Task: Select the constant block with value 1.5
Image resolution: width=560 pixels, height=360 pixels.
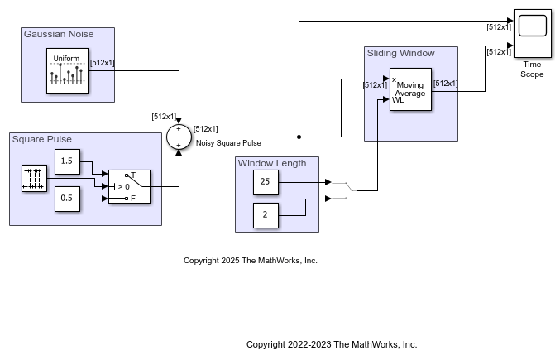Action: pos(67,161)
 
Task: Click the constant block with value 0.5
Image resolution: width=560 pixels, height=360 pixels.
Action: pos(67,199)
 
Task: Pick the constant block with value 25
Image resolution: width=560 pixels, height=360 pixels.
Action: pos(266,182)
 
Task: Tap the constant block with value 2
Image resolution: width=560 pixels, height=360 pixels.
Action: pos(266,215)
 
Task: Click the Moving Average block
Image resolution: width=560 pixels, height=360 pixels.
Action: pos(410,89)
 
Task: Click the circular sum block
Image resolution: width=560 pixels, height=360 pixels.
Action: pos(178,137)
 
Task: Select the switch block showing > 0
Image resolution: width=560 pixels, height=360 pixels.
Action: pos(129,186)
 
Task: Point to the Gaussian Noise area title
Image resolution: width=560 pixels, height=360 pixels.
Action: pos(59,34)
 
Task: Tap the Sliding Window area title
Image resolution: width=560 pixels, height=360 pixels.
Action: pos(400,53)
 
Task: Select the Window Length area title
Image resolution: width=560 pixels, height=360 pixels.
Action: pos(272,163)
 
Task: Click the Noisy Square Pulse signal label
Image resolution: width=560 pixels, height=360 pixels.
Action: pos(228,143)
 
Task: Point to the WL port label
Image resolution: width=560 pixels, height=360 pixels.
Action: pos(397,100)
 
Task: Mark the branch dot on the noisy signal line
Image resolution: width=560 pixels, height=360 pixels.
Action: pos(299,137)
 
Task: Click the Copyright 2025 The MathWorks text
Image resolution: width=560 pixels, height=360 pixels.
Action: pos(251,261)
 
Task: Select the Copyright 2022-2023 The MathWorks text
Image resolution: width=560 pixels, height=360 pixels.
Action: pos(332,344)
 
